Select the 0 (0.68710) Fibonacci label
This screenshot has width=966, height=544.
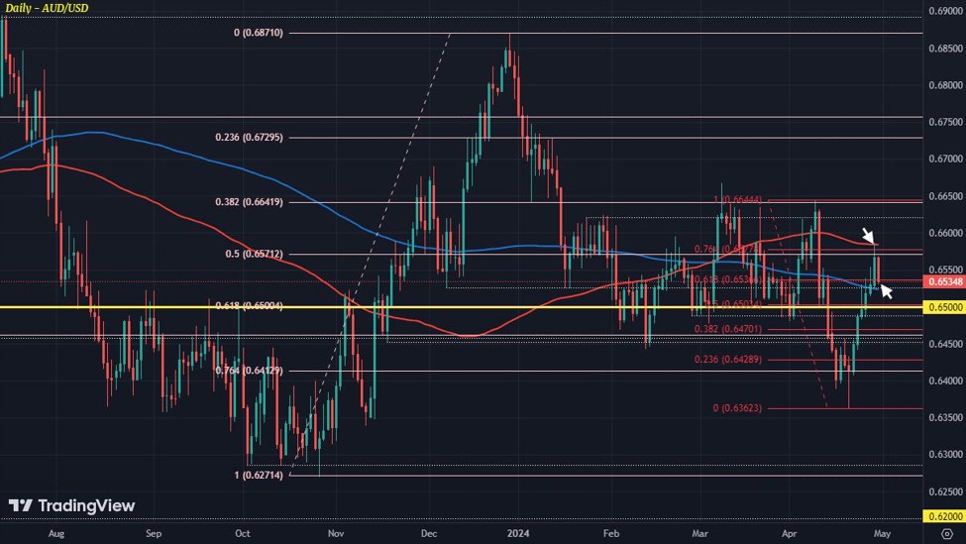click(x=259, y=33)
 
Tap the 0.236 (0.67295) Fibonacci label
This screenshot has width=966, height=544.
click(x=250, y=137)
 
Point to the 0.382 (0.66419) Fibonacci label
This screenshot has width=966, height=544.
click(x=250, y=202)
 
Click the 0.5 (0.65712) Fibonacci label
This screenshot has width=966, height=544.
click(x=255, y=254)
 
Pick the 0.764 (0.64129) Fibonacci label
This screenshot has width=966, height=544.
click(x=250, y=372)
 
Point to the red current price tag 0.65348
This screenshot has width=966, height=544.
click(x=945, y=281)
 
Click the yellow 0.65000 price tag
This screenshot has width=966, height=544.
click(x=945, y=307)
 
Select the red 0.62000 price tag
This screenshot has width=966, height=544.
click(x=945, y=516)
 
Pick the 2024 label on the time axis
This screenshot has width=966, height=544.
click(x=518, y=532)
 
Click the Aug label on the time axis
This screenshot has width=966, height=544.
click(x=55, y=532)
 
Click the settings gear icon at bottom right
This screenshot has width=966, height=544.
click(x=946, y=532)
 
